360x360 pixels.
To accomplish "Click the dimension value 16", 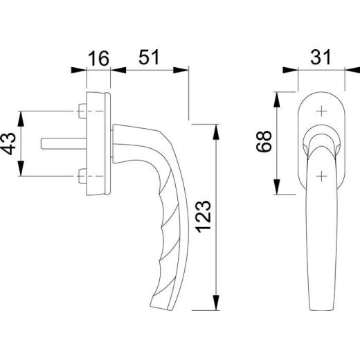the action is [98, 58].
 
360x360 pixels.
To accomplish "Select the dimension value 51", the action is [149, 57].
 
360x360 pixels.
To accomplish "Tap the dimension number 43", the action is [8, 144].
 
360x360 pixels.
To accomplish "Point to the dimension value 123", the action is [204, 216].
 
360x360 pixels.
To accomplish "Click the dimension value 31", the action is [321, 57].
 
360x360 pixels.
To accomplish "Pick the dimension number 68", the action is [264, 141].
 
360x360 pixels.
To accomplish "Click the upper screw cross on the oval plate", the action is [321, 111].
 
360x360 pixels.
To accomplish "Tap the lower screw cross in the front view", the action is [321, 177].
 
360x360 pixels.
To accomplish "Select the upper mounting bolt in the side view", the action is [82, 111].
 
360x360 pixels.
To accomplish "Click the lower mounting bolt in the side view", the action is [82, 177].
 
